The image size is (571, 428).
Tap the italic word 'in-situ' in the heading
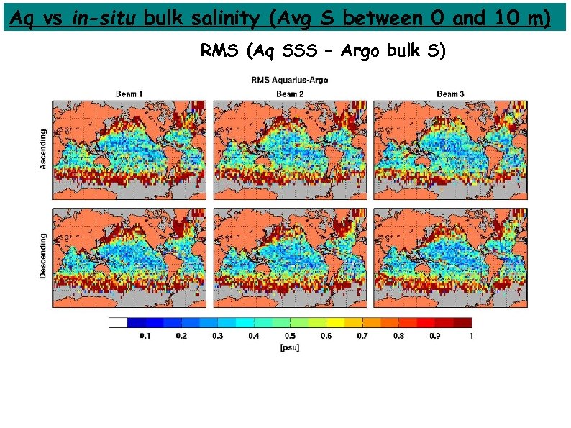[105, 19]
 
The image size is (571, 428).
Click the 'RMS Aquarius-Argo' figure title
[289, 80]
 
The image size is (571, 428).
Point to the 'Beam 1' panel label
[129, 94]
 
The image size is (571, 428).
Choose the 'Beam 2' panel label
[290, 94]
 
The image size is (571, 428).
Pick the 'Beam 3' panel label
[450, 94]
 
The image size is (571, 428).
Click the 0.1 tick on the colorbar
[145, 336]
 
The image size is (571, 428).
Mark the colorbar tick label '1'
[471, 336]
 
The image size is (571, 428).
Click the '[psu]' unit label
[290, 347]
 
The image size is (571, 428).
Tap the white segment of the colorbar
[118, 323]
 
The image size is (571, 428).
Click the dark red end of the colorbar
[462, 323]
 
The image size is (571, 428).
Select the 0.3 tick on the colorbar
[217, 336]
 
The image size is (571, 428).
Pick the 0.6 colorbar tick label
[326, 336]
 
